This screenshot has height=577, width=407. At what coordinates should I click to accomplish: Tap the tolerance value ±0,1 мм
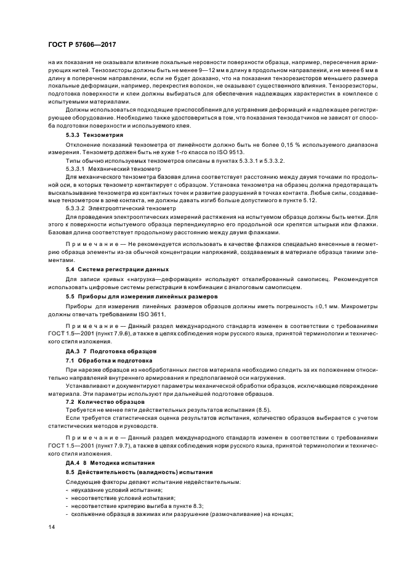(x=316, y=306)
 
